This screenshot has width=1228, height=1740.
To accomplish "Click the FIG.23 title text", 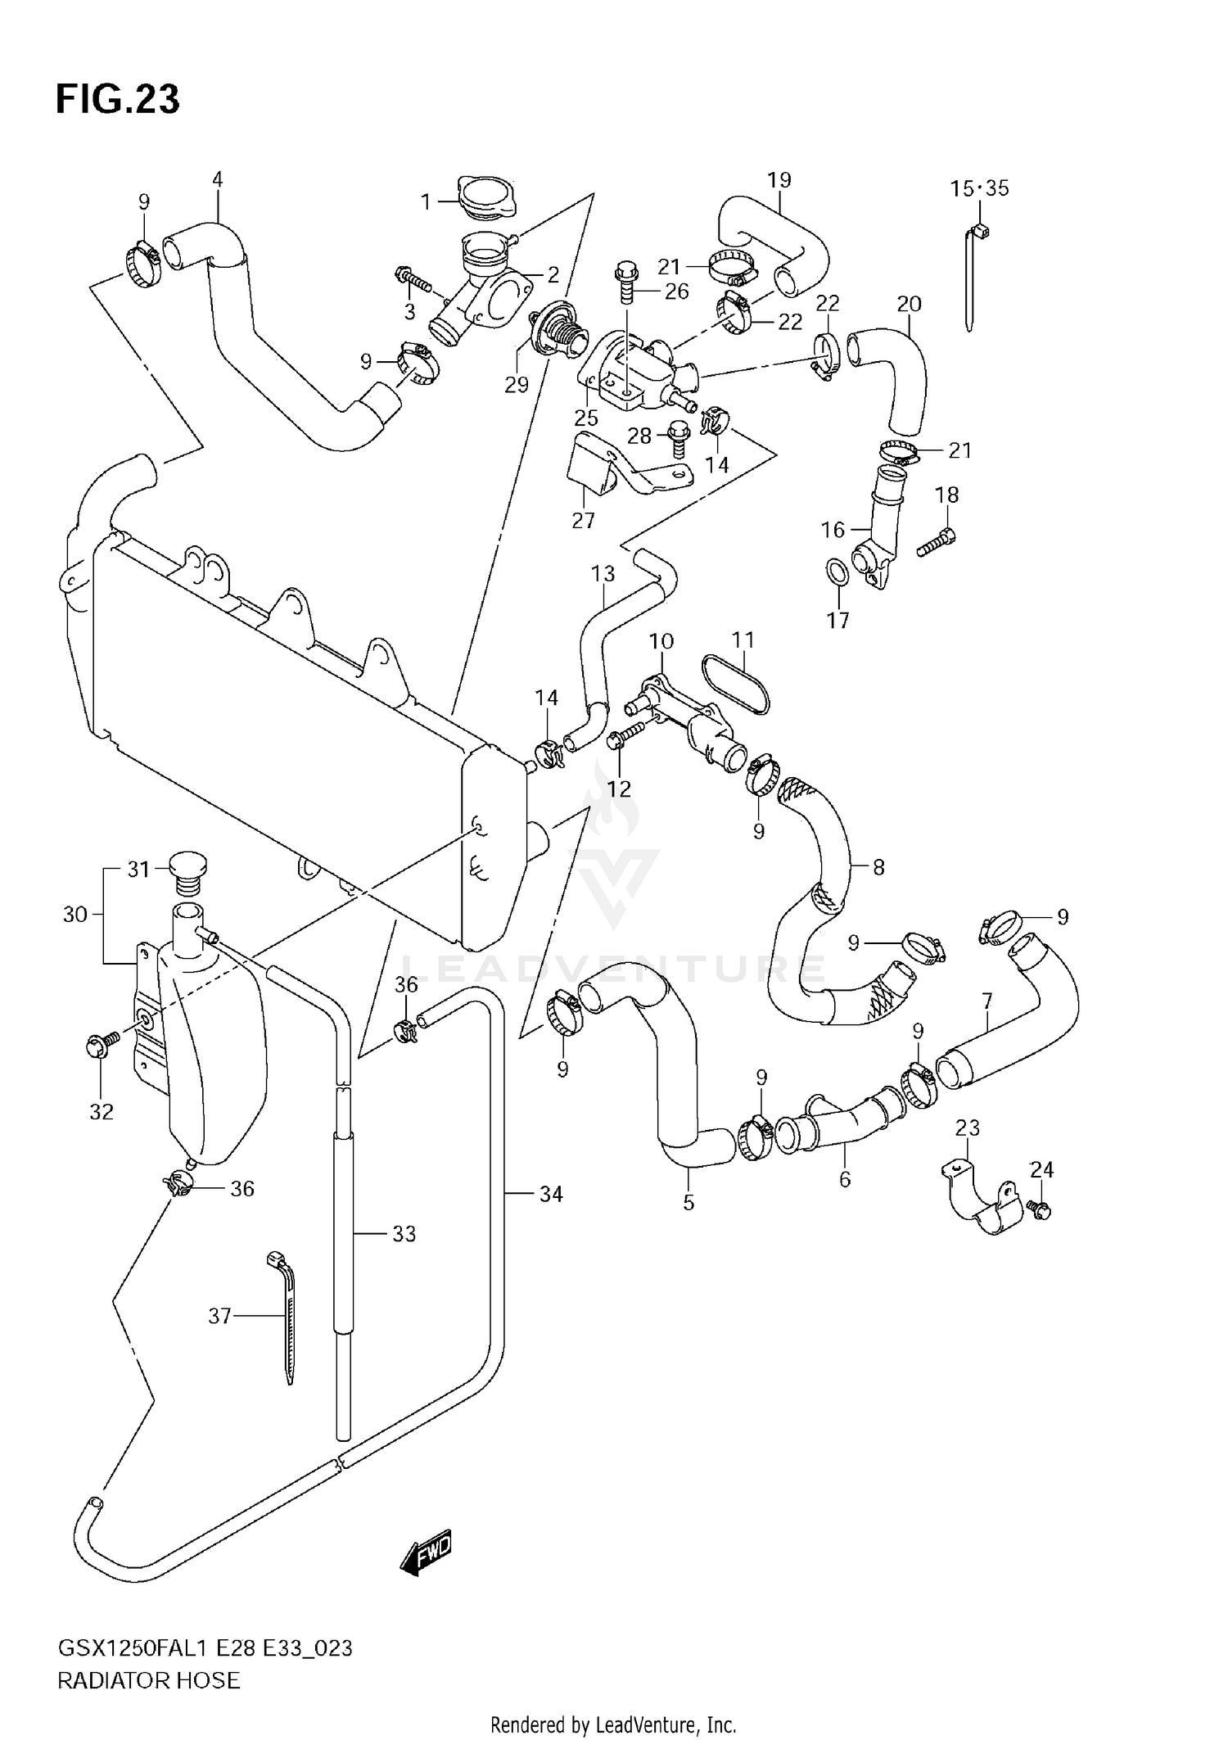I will (x=117, y=100).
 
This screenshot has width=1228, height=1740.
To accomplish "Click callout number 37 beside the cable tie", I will (x=219, y=1316).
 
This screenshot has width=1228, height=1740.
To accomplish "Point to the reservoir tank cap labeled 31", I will (x=187, y=872).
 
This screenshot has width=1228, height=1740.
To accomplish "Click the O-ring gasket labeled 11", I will (x=738, y=684).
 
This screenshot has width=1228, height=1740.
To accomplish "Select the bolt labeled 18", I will (x=936, y=544).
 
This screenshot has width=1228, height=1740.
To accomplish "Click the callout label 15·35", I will (x=979, y=188).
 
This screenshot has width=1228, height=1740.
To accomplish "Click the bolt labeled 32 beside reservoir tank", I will (x=100, y=1044).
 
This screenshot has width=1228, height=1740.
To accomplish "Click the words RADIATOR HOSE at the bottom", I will (x=149, y=1681).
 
